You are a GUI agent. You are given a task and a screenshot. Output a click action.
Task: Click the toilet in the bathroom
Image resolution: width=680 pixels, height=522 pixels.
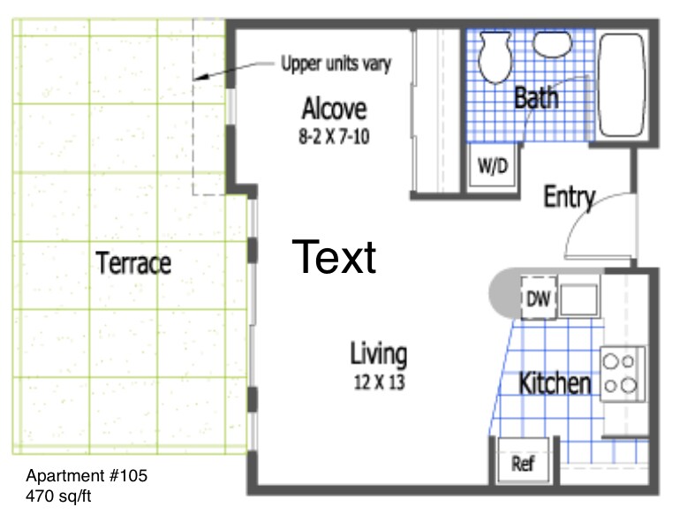click(495, 57)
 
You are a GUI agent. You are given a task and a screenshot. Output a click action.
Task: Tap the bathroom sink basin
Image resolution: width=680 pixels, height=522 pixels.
click(552, 45)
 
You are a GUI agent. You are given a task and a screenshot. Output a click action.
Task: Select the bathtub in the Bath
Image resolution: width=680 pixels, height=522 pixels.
click(622, 85)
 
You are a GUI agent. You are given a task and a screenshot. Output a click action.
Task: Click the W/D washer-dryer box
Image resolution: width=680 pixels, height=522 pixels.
click(493, 165)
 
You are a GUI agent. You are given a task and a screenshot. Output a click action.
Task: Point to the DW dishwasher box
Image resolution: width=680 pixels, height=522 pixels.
click(538, 299)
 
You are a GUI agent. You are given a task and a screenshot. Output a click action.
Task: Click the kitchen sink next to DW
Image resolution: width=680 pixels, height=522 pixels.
click(578, 299)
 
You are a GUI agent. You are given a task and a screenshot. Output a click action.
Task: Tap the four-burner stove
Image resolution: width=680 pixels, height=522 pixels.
click(623, 373)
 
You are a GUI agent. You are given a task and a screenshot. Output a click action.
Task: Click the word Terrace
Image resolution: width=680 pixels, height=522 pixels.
click(133, 263)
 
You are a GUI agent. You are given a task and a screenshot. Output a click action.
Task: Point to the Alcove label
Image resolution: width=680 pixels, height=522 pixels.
click(335, 109)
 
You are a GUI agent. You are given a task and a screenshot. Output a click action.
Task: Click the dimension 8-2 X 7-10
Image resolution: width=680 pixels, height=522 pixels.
click(334, 137)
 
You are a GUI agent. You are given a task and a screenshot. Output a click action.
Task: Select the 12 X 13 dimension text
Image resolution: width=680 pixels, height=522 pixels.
click(380, 382)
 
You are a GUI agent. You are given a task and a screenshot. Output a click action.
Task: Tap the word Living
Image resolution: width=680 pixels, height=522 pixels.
click(379, 354)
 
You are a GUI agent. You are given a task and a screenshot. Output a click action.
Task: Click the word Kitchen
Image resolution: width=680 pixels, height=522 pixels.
click(555, 383)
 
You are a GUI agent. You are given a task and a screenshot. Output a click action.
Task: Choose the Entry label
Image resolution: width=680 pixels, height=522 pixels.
click(570, 198)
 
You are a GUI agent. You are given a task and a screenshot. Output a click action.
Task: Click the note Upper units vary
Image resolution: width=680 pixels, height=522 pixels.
click(336, 64)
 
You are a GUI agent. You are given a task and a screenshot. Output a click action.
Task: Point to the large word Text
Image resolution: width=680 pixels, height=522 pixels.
click(334, 257)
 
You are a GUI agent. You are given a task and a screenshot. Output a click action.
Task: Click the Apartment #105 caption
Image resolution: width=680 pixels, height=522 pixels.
click(87, 475)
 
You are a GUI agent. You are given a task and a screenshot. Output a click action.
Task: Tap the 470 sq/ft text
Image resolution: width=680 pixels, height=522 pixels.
click(58, 496)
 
